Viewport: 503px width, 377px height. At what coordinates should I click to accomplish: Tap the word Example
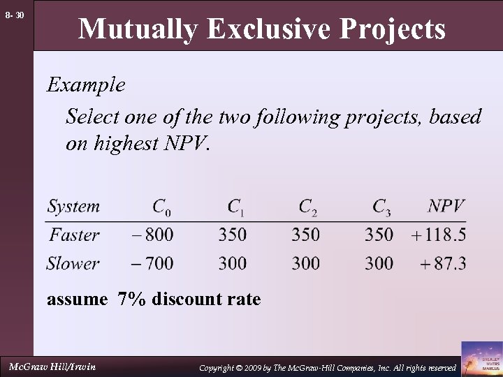86,85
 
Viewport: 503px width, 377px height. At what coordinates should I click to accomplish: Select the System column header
73,207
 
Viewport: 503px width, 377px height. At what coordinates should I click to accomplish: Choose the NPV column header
446,207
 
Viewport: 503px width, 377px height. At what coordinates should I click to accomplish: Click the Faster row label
74,235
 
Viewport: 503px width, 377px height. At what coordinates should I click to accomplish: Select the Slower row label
73,263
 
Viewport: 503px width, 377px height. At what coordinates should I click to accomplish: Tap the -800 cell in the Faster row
152,235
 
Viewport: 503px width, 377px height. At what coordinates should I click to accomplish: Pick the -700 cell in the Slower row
152,263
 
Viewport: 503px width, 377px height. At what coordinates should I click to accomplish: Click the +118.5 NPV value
439,235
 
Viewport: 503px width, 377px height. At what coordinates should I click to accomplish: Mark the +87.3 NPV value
443,263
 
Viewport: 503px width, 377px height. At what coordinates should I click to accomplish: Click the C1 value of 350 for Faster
232,235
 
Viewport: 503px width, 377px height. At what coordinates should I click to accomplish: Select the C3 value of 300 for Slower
379,263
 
